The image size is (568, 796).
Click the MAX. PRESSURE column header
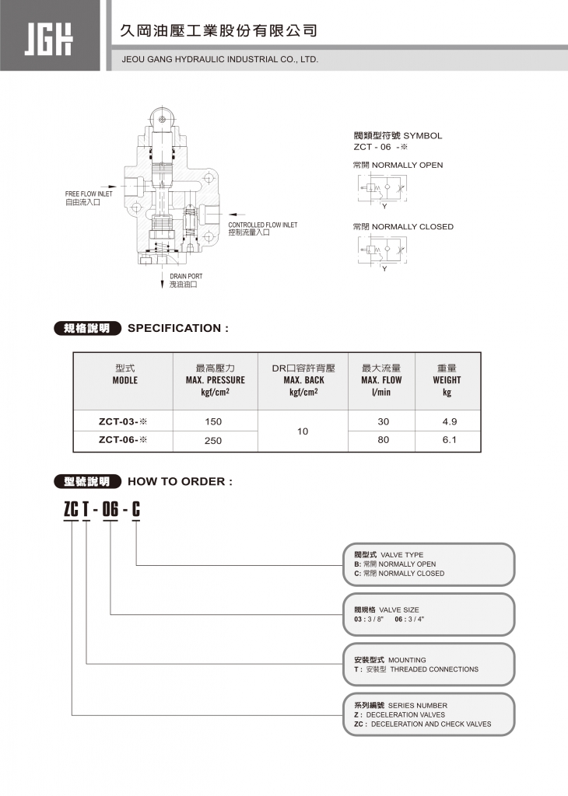click(215, 379)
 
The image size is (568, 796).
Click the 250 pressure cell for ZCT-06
click(213, 440)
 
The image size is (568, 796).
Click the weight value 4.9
click(449, 421)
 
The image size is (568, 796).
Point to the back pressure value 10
click(303, 431)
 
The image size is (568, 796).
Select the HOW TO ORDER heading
click(180, 481)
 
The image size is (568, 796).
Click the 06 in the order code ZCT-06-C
click(110, 510)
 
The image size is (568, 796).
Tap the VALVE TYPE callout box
click(429, 564)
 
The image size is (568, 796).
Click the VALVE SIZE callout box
click(429, 614)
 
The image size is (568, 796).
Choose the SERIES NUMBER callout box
click(429, 714)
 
